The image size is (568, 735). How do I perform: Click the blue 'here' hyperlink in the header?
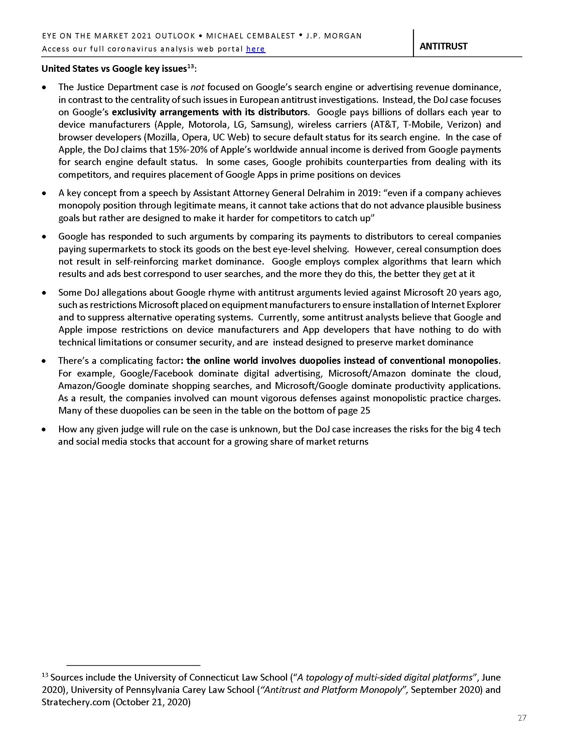255,49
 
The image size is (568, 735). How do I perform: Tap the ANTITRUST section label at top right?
443,46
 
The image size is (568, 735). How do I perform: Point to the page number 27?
522,718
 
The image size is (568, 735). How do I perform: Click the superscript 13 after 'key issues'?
191,66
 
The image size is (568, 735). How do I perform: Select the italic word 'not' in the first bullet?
197,87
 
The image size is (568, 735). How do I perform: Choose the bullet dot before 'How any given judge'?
44,430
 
